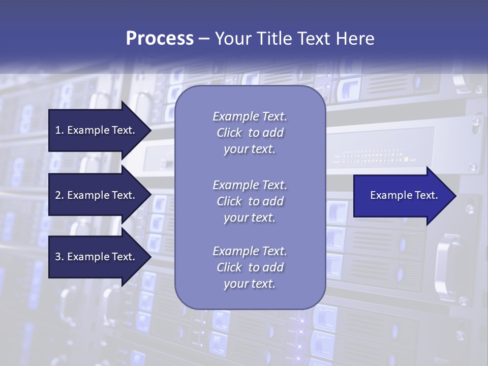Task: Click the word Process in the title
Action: (x=160, y=39)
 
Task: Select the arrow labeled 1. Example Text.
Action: (x=97, y=130)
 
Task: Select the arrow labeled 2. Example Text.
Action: (x=97, y=195)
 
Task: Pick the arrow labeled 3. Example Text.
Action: (x=97, y=257)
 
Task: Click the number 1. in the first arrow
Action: (x=59, y=130)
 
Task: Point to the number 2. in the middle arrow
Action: (x=59, y=195)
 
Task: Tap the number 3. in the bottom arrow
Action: (x=59, y=257)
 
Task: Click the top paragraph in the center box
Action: (x=250, y=133)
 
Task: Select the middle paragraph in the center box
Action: (x=250, y=201)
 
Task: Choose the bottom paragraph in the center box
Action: (x=250, y=267)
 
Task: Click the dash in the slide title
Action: (x=204, y=39)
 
